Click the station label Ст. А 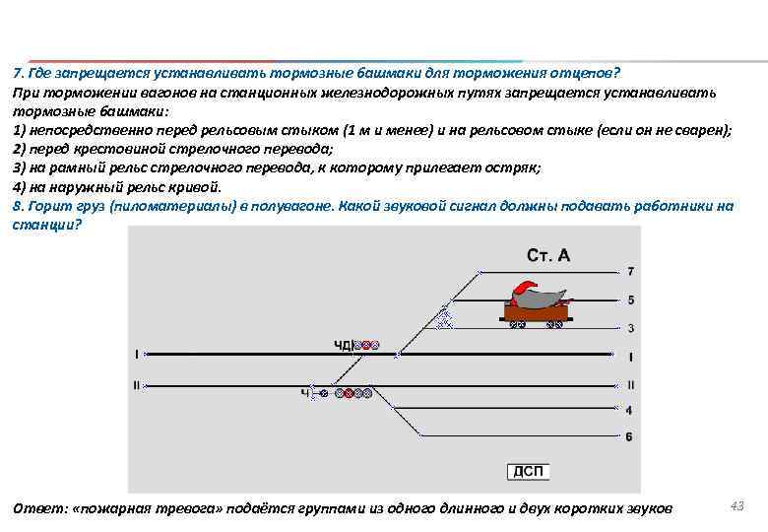point(548,255)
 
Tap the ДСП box point(527,471)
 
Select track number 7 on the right point(630,271)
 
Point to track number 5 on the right point(630,299)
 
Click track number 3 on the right point(630,327)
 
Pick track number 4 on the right point(629,410)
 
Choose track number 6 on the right point(629,436)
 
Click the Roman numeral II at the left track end point(137,384)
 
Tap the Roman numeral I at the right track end point(630,355)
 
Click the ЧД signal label point(342,345)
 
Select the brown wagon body point(536,312)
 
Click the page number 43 point(736,504)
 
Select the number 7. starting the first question point(18,74)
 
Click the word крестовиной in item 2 point(113,149)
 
